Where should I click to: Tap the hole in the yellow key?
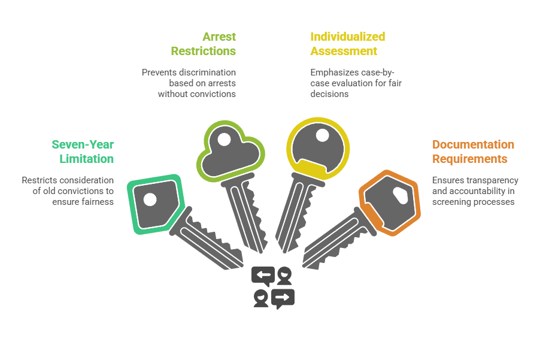click(x=322, y=135)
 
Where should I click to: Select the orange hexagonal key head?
click(x=389, y=201)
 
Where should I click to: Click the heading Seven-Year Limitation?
click(x=83, y=152)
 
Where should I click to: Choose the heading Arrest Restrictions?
click(x=203, y=44)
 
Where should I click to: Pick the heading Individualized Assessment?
click(x=347, y=44)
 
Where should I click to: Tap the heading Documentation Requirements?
click(x=473, y=152)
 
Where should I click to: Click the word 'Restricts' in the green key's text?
click(x=39, y=180)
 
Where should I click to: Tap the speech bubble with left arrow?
click(x=263, y=276)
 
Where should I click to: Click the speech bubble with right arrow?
click(x=283, y=297)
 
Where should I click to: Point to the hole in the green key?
click(x=150, y=199)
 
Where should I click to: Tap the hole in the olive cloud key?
click(x=224, y=141)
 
